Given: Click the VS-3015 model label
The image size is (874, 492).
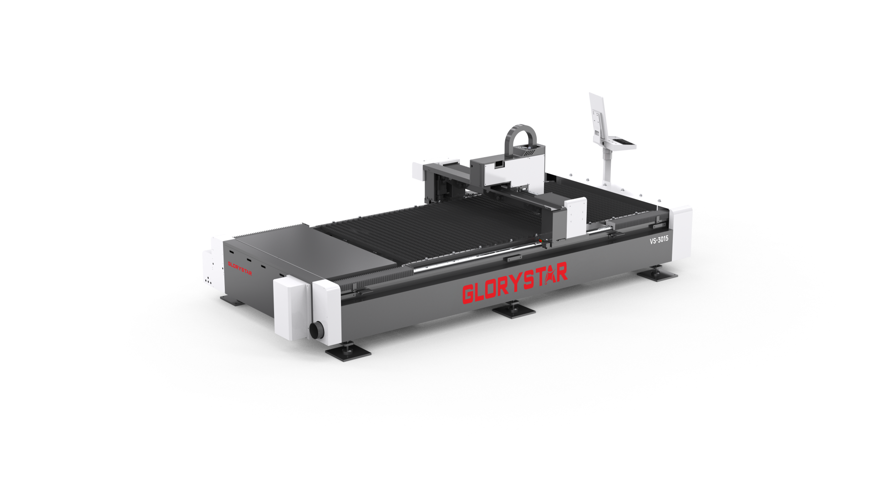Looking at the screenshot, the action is [659, 240].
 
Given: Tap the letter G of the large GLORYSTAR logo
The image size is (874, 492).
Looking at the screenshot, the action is [469, 294].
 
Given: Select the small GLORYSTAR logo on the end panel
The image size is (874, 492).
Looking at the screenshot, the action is [240, 268].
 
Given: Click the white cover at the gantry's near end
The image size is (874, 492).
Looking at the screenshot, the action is [576, 217].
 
